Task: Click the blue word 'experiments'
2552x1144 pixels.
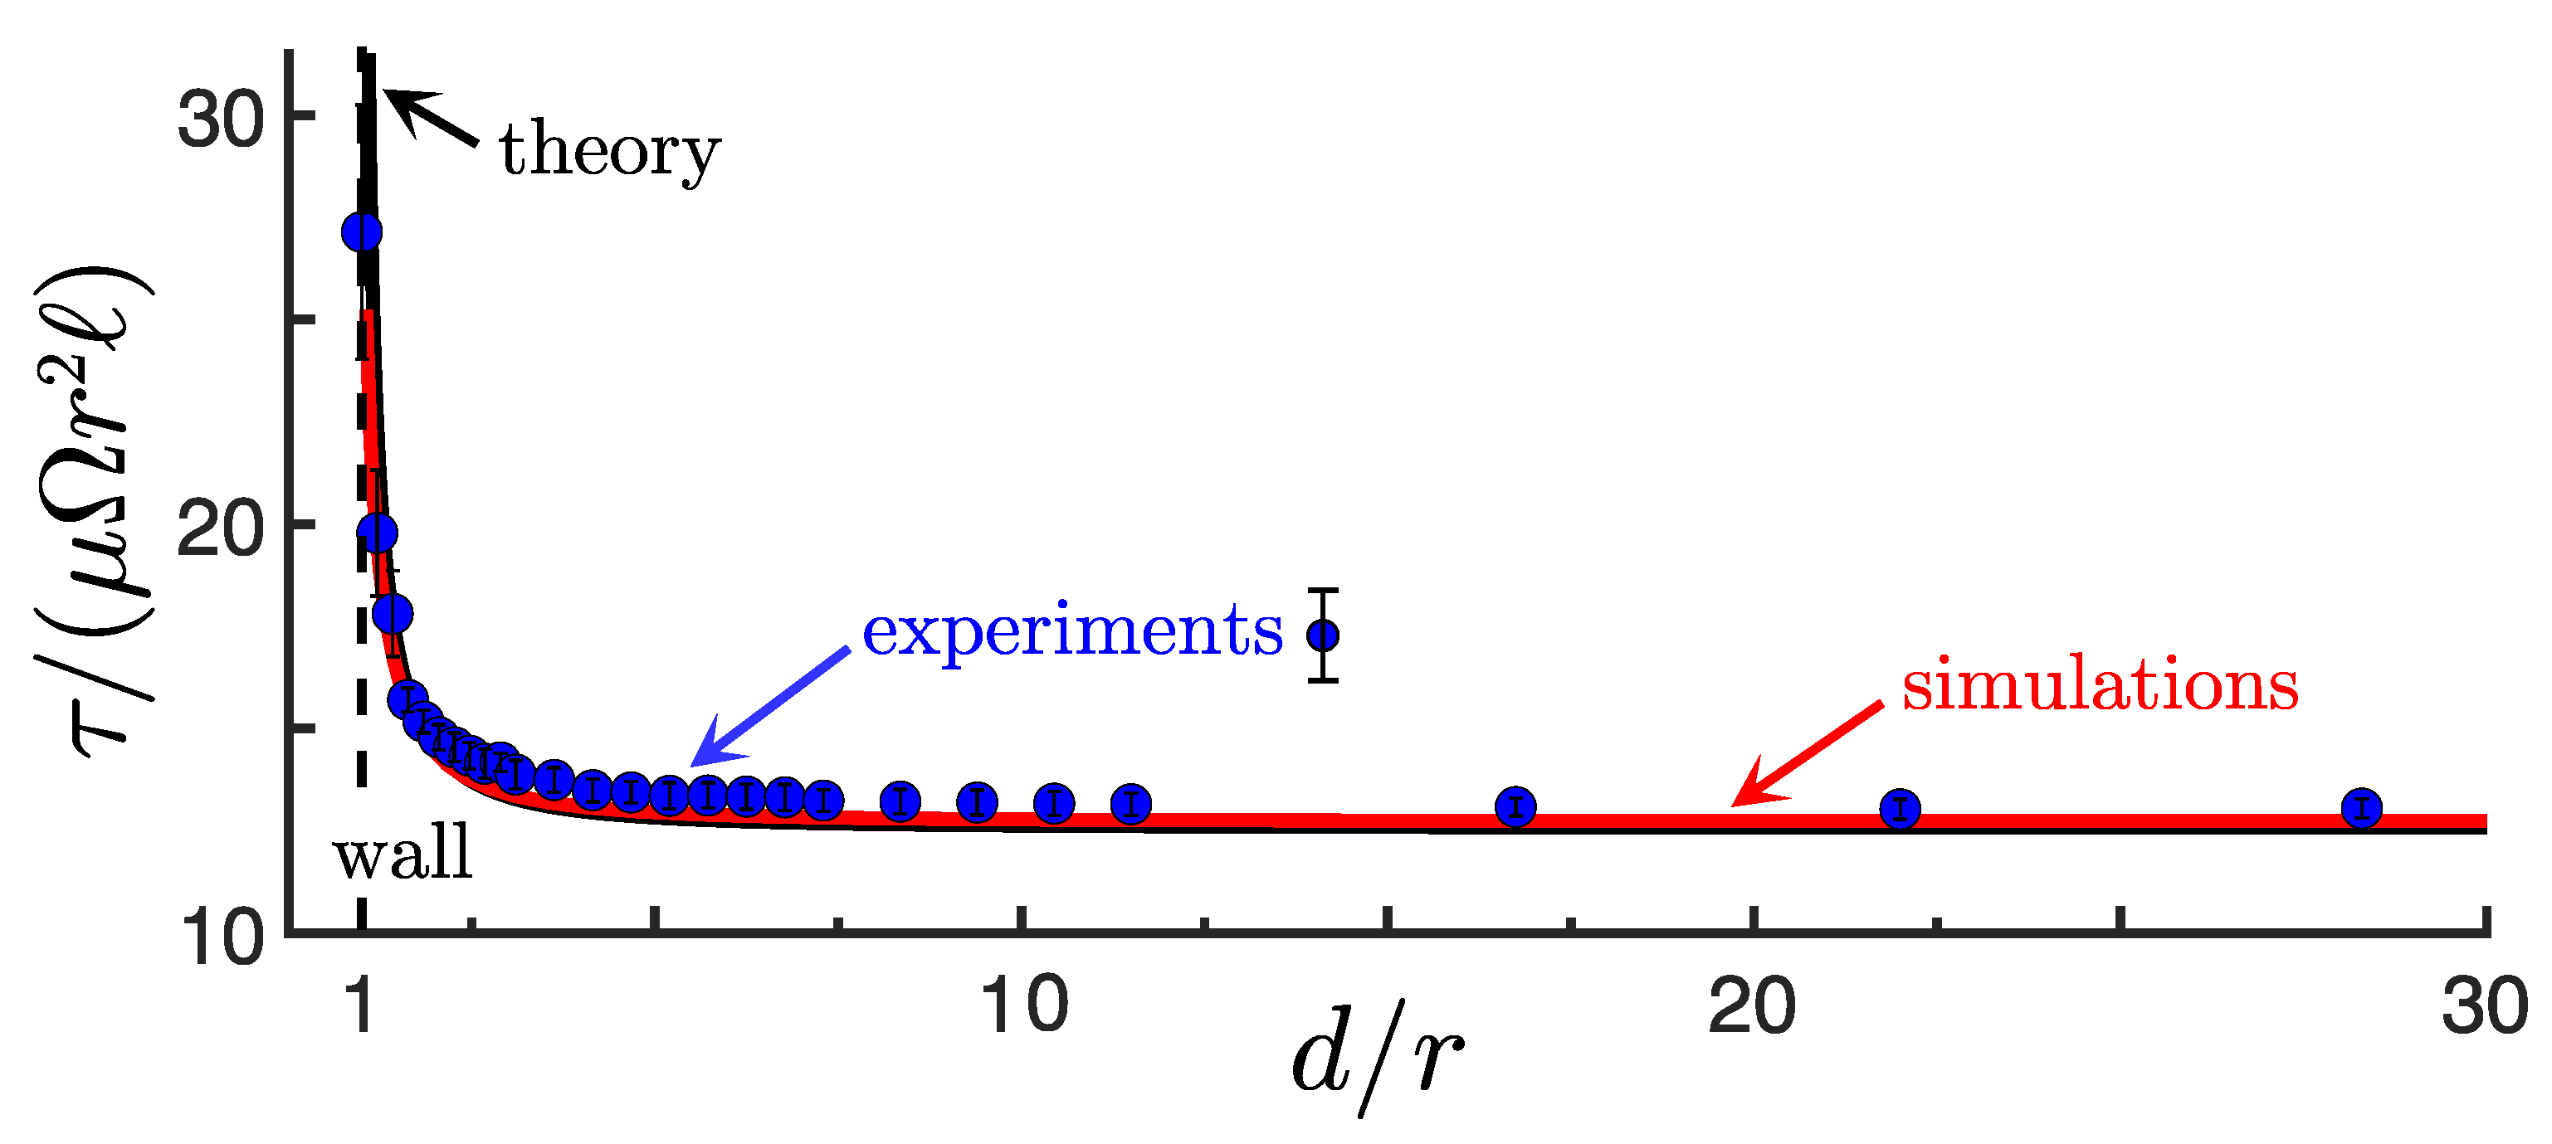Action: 1072,631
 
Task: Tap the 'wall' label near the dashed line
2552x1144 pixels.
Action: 403,854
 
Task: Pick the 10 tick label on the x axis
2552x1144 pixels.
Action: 1022,1006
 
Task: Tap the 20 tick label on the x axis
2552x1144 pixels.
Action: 1753,1006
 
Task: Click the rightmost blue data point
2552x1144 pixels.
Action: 2362,808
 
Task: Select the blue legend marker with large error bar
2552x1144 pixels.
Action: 1323,635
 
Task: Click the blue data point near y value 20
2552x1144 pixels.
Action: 378,533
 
